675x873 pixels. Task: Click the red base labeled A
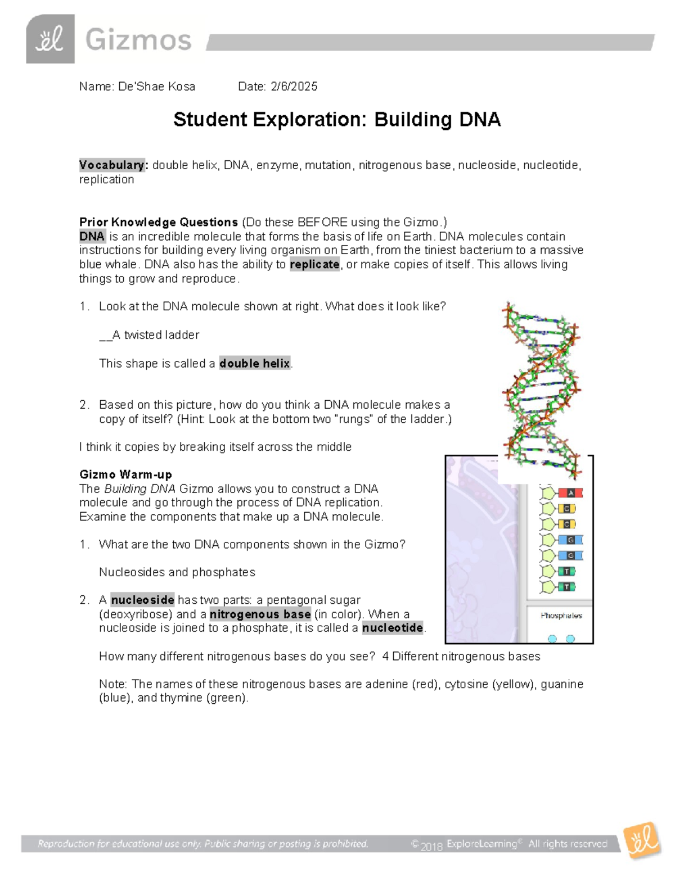(570, 493)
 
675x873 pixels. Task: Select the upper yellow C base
(566, 509)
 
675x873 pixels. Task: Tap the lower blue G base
(570, 556)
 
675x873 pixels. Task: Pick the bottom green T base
(566, 587)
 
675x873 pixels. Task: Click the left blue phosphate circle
(552, 639)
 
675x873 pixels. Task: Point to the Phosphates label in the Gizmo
(561, 616)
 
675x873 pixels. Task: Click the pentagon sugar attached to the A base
(547, 494)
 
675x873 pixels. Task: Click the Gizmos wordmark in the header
(138, 40)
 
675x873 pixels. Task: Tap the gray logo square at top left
(50, 39)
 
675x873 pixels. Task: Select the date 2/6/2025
(294, 87)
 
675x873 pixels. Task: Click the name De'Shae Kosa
(156, 87)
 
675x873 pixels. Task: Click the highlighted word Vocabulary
(111, 165)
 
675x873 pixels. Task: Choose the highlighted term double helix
(255, 364)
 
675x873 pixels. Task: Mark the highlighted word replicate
(314, 265)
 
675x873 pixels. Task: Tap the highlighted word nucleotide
(392, 628)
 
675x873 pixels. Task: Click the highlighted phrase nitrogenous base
(260, 614)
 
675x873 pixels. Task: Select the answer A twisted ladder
(155, 335)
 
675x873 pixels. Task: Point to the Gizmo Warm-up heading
(125, 474)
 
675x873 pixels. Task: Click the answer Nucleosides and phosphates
(177, 572)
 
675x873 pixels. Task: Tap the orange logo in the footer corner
(642, 841)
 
